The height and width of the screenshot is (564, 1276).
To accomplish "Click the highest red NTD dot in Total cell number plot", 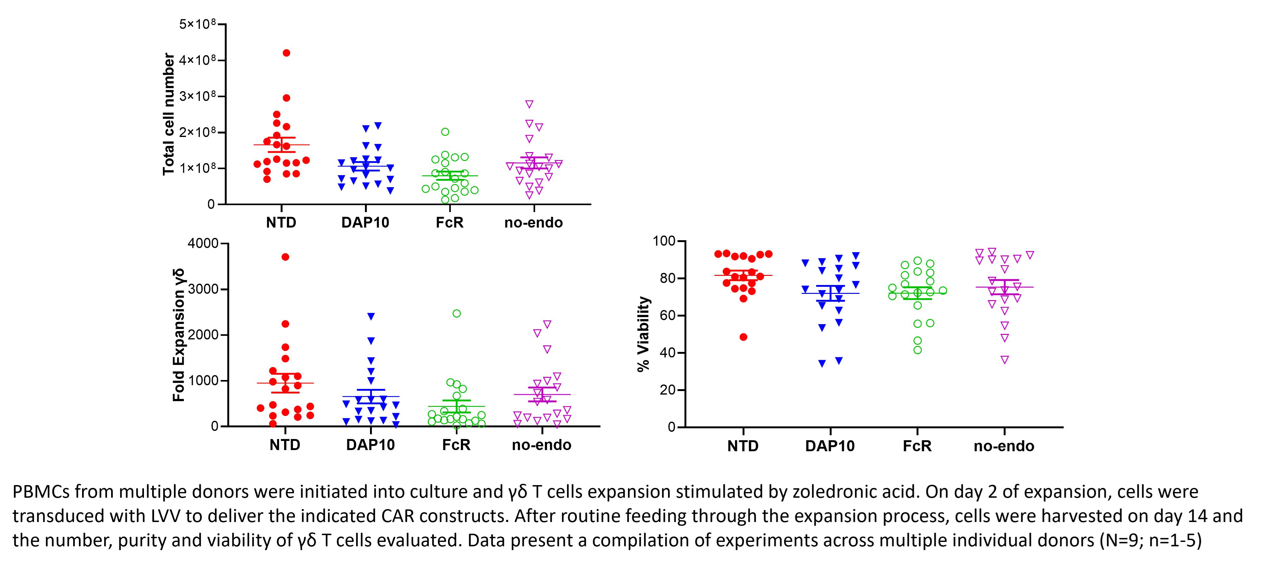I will click(286, 53).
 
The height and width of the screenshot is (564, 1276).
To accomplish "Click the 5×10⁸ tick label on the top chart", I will click(198, 24).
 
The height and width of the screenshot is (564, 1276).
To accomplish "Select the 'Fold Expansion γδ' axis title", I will click(179, 335).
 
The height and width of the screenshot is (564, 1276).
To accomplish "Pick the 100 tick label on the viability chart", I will click(664, 241).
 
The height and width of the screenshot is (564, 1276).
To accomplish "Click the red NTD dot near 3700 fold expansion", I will click(285, 257).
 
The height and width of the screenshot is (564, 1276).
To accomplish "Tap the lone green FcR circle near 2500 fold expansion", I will click(457, 313).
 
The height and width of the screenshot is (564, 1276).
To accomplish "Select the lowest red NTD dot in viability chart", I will click(743, 337).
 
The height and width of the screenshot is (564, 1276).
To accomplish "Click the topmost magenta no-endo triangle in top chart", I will click(529, 104).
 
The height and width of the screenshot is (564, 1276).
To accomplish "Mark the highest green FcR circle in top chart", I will click(445, 132).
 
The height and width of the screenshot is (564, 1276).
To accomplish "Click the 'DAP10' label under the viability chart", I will click(830, 446).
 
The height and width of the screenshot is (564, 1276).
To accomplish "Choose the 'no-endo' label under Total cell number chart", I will click(534, 223).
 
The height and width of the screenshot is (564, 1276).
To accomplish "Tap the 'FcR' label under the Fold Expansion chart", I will click(456, 445).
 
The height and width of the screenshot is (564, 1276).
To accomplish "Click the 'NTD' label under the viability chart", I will click(742, 446).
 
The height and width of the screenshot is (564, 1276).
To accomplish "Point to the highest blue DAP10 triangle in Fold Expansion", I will click(371, 316).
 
